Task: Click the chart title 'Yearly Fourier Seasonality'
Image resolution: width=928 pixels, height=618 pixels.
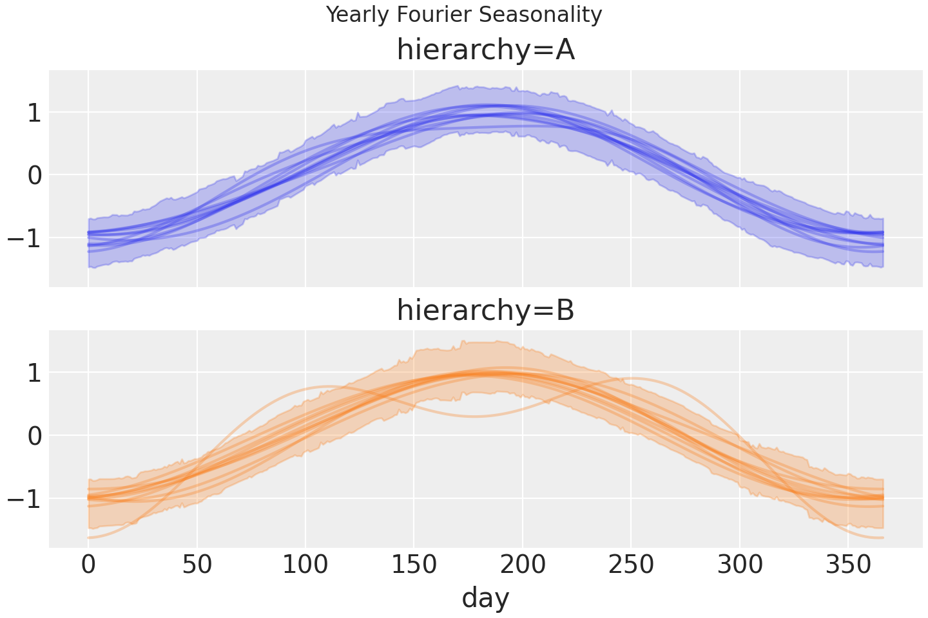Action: pos(464,14)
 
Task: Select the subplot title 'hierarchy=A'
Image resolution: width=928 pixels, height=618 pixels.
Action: pos(485,50)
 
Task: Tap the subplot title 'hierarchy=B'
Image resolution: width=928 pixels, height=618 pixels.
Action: pos(485,310)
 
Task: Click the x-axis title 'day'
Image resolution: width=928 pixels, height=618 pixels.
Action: pos(485,597)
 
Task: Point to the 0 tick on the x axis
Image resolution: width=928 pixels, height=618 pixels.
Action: pos(88,565)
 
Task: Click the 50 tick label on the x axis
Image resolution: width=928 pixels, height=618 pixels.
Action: pos(197,565)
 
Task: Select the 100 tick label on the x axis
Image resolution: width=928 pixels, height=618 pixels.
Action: pos(305,565)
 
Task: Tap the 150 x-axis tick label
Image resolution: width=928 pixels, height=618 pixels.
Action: pos(414,565)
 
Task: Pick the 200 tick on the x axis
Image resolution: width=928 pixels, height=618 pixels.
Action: pos(523,565)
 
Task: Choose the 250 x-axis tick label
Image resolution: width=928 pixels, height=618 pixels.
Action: pos(631,565)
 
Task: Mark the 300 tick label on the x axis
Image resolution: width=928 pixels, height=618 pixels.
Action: pos(740,565)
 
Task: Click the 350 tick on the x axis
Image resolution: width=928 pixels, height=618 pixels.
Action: pos(848,565)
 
